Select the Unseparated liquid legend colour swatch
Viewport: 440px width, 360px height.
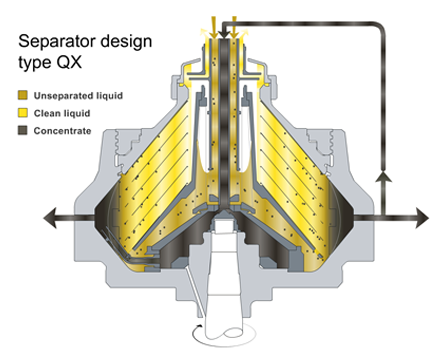23,95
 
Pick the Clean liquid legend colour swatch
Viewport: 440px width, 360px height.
23,113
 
